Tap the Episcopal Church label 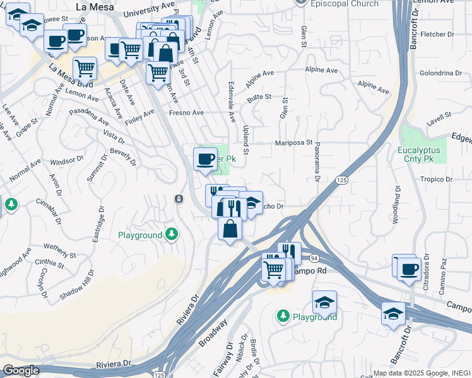tap(345, 4)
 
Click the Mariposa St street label tap(293, 142)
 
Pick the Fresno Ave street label tap(186, 113)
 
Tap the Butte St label tap(259, 97)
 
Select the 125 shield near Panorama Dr tap(341, 180)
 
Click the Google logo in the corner tap(21, 370)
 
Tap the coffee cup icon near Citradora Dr tap(410, 270)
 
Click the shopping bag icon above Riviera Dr tap(230, 229)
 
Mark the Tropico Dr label tap(438, 180)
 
